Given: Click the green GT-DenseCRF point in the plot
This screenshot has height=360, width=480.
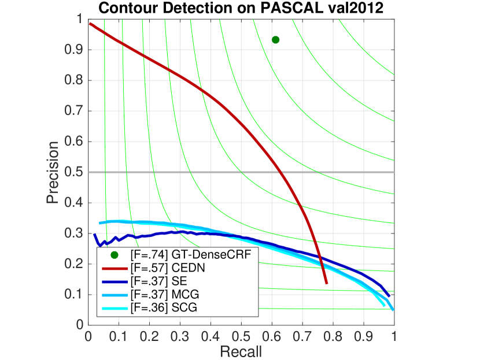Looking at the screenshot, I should [x=275, y=40].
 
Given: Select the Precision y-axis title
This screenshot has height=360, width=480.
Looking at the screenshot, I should [x=53, y=172].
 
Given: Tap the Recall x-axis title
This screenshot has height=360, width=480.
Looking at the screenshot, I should [x=241, y=351].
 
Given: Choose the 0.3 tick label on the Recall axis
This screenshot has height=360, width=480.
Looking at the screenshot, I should [x=180, y=336].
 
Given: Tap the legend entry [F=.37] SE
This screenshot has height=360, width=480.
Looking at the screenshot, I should [x=151, y=281].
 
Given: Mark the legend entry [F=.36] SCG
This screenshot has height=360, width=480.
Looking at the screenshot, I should [x=154, y=308].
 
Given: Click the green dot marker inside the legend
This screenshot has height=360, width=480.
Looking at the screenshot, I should [x=115, y=255].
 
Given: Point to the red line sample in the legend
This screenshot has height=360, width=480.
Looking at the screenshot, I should [x=115, y=268].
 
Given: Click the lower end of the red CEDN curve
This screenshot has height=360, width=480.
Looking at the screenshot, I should [x=326, y=283].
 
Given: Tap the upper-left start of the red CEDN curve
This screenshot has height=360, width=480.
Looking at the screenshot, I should [x=90, y=23].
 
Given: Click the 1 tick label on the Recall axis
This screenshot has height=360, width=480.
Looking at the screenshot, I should [x=394, y=336].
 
